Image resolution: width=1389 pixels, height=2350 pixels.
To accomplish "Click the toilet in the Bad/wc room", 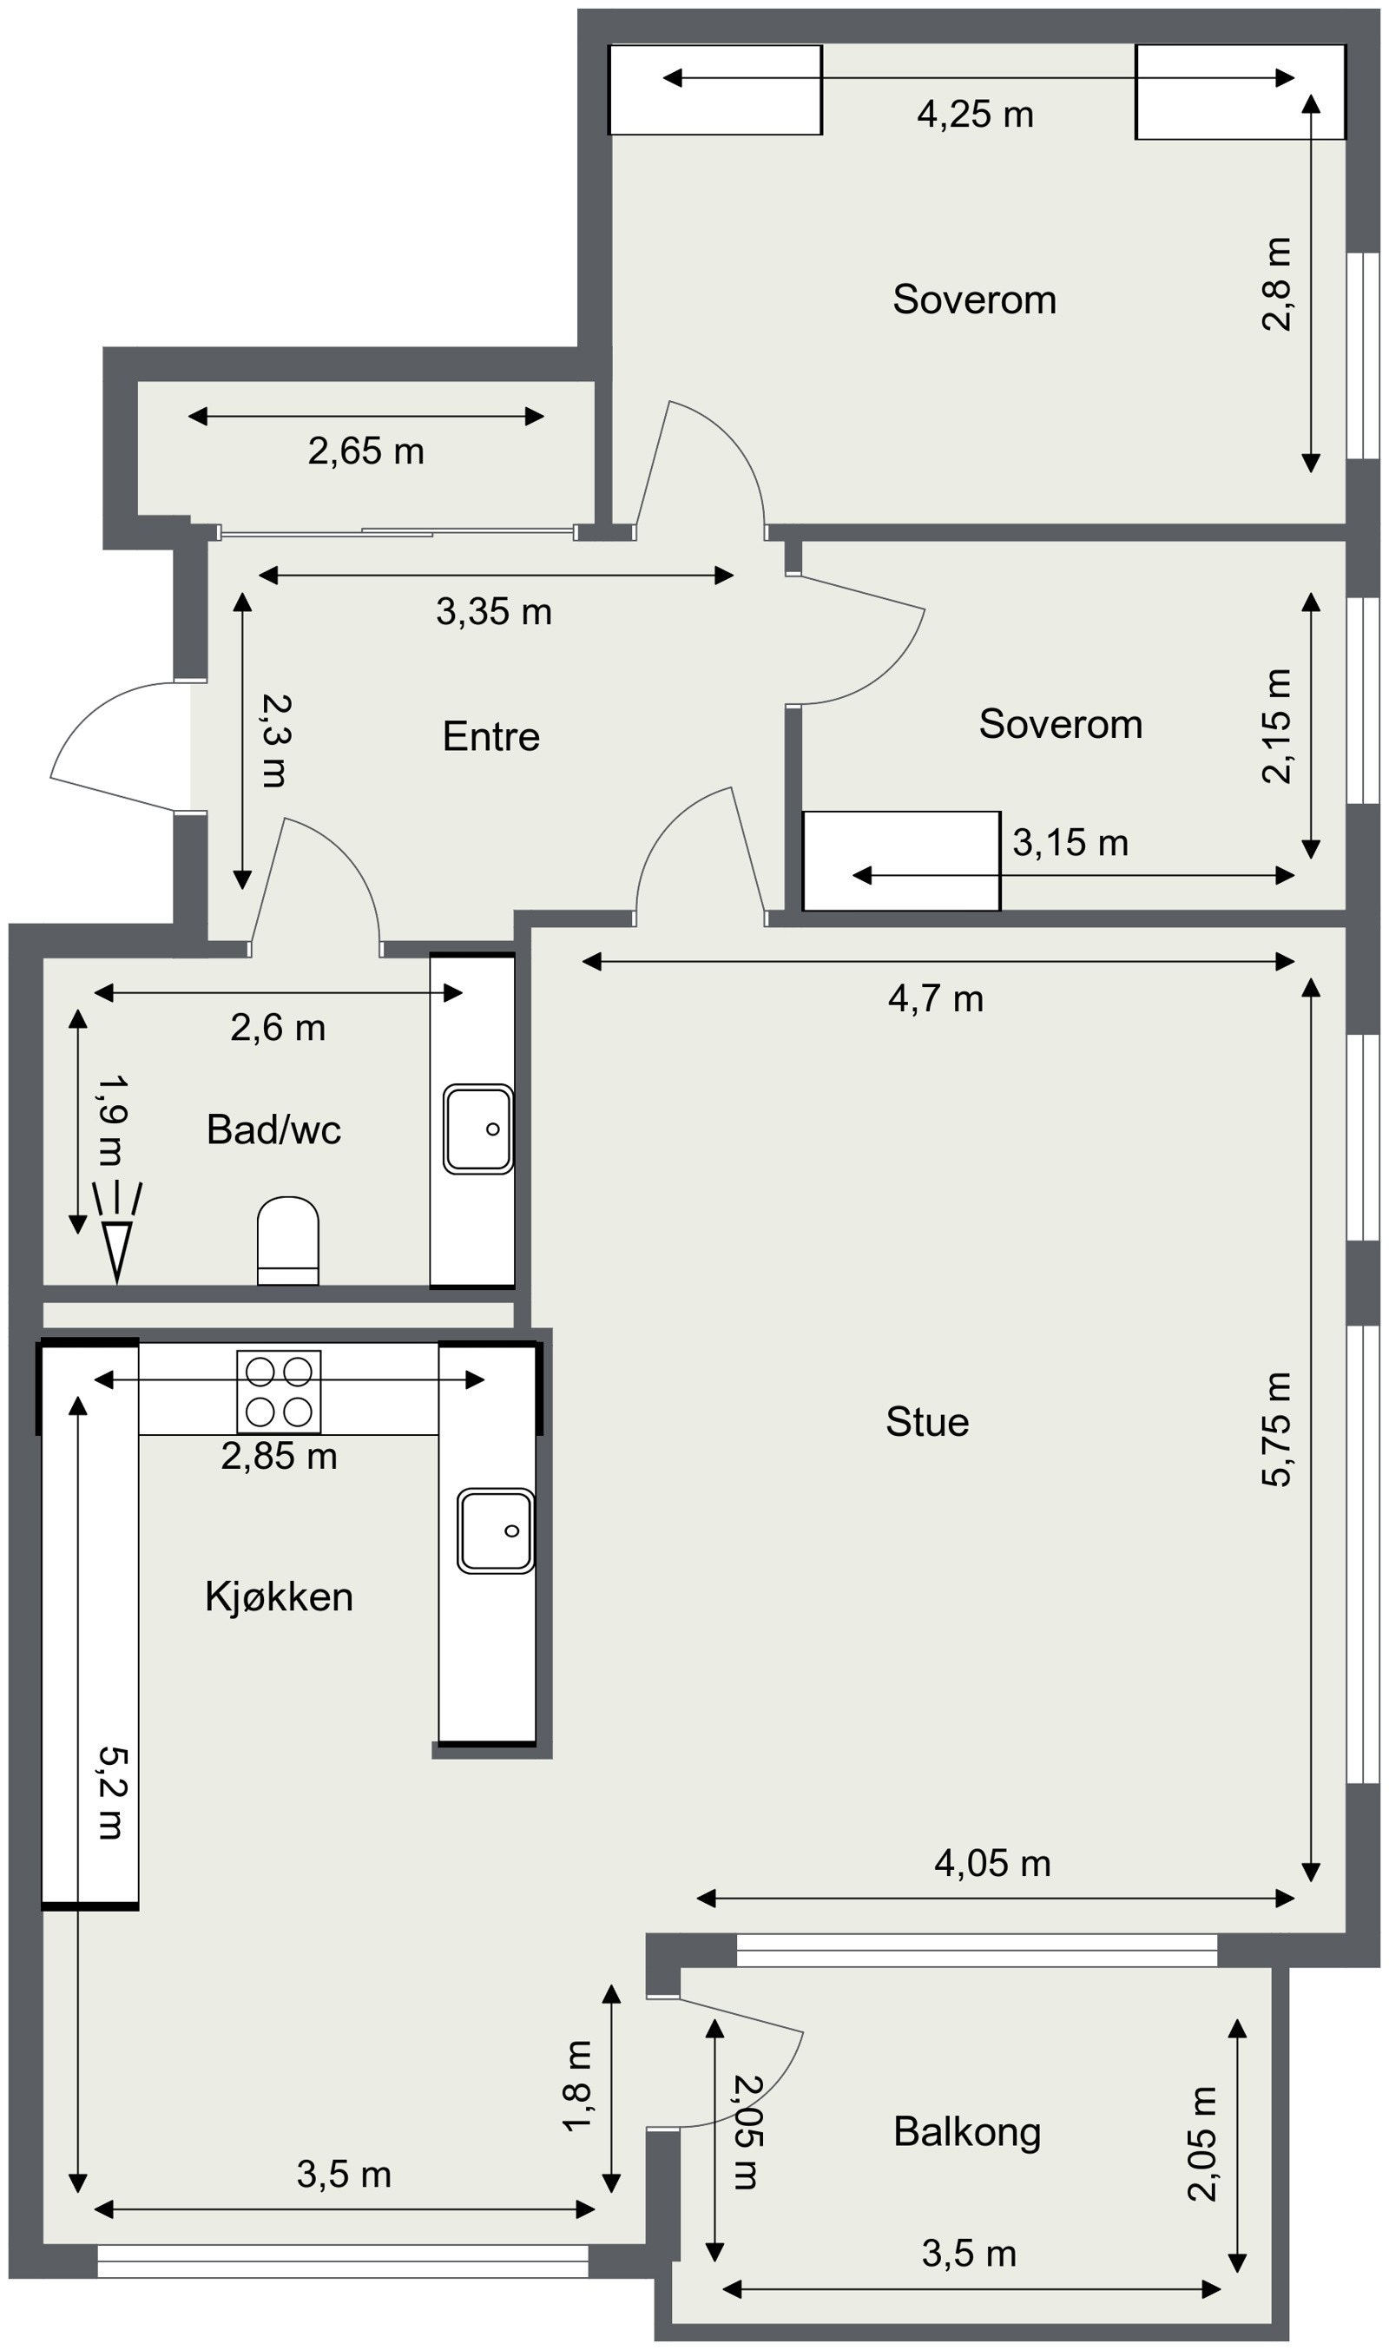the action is point(287,1239).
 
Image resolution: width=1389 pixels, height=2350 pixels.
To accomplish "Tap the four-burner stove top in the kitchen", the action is point(279,1392).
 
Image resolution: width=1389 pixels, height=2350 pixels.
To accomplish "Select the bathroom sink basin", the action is point(478,1129).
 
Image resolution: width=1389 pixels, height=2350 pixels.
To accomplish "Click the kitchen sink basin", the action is point(495,1530).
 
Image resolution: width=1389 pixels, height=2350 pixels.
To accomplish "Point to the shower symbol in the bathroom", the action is point(117,1230).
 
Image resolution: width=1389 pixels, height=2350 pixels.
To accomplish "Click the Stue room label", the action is point(926,1422).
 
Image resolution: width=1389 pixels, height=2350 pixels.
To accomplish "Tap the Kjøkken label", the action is point(279,1596).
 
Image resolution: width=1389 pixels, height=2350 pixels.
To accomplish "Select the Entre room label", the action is point(490,736).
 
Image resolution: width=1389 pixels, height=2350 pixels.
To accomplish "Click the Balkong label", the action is point(967,2132).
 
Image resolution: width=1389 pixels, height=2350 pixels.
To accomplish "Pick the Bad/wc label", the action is point(273,1129).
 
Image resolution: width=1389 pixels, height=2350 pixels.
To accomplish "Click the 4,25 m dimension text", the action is point(975,115).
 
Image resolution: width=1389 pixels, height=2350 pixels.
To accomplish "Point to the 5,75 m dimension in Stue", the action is point(1276,1429).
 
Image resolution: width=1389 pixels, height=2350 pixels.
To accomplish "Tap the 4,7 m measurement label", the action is point(936,998).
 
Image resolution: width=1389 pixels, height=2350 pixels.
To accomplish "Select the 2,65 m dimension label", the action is point(366,451).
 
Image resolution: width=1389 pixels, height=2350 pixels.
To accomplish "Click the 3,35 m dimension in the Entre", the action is point(493,611).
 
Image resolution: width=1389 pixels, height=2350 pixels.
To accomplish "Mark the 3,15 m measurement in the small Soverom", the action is point(1070,842).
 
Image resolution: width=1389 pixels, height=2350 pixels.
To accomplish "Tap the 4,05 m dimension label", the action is point(992,1863).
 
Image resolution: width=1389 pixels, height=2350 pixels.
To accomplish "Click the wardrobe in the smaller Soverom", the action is point(901,861).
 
